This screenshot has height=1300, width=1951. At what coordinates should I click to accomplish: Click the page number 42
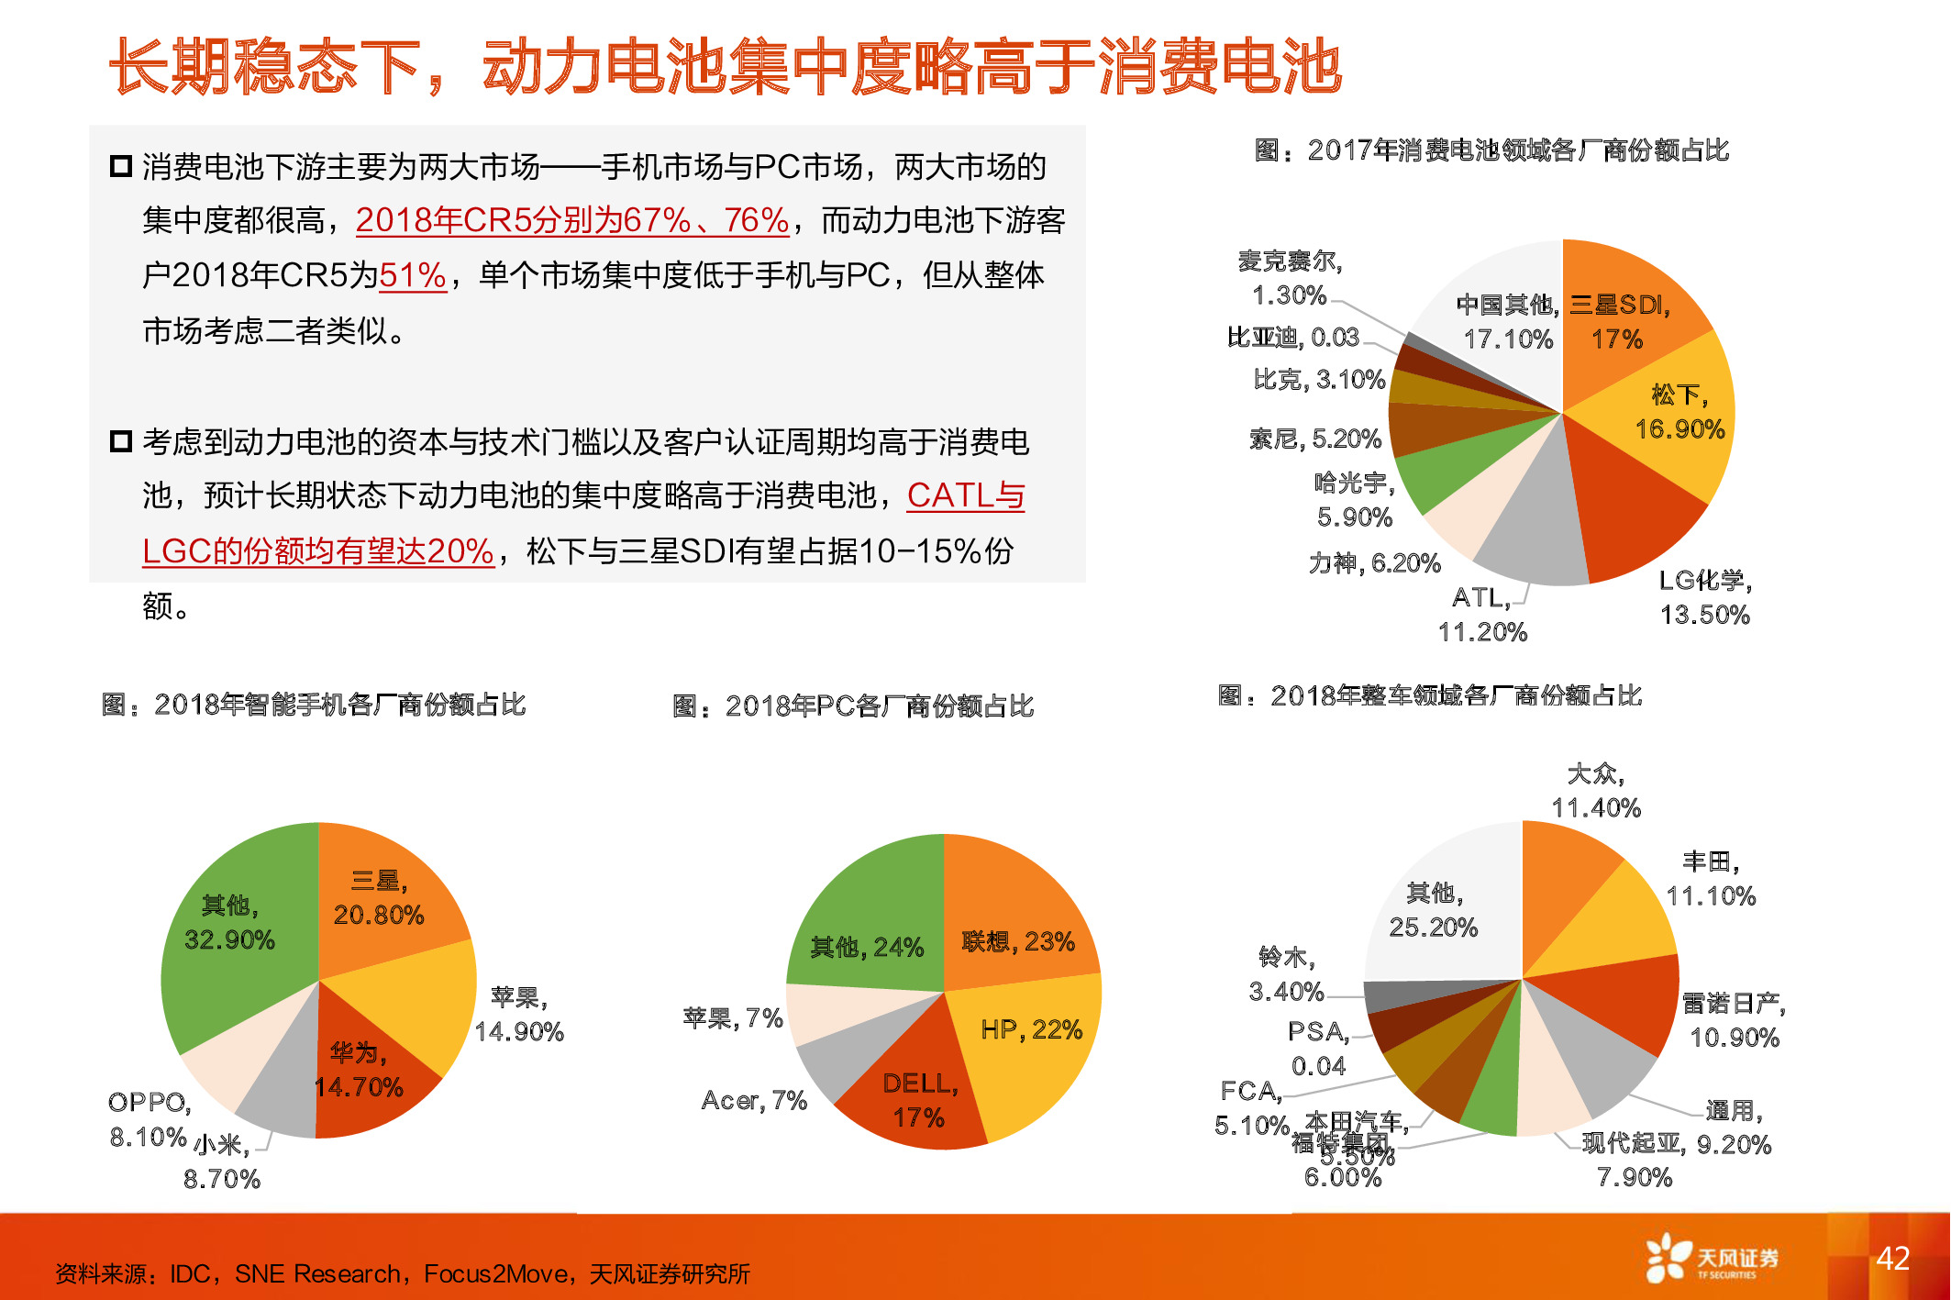click(1892, 1258)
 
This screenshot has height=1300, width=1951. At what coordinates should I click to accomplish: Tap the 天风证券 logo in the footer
click(1712, 1259)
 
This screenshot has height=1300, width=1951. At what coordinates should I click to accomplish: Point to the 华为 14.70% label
click(359, 1070)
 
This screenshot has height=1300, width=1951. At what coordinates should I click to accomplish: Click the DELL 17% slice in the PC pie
click(919, 1100)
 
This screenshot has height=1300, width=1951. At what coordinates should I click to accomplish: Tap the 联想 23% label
click(1018, 941)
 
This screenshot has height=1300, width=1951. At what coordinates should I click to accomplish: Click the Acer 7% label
click(754, 1100)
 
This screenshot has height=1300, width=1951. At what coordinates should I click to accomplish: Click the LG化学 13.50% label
click(1705, 597)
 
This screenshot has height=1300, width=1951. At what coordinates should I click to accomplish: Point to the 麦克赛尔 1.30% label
click(1290, 278)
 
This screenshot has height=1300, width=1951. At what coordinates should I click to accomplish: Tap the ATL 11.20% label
click(1482, 615)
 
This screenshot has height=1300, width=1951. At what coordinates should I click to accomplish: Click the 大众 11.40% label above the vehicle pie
click(1596, 791)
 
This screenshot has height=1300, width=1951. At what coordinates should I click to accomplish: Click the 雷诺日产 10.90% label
click(1734, 1020)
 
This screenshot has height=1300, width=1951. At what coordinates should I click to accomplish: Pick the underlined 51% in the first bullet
click(412, 275)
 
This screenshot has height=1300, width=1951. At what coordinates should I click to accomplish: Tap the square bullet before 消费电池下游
click(121, 167)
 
